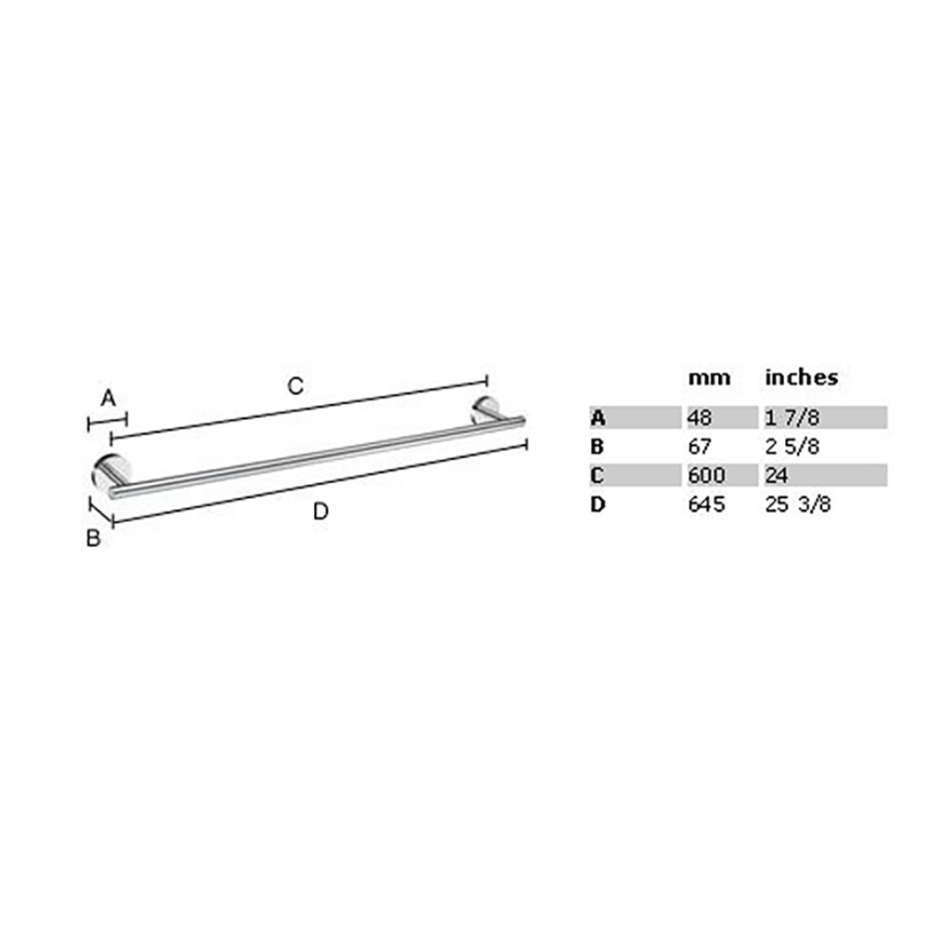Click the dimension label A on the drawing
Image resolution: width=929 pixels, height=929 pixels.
tap(108, 399)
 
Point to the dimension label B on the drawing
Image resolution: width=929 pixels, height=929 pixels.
tap(93, 538)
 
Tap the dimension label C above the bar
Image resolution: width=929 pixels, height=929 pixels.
tap(294, 386)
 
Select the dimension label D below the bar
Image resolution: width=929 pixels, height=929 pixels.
tap(321, 510)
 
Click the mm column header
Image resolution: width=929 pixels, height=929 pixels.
tap(709, 377)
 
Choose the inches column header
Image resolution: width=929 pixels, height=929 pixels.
tap(801, 377)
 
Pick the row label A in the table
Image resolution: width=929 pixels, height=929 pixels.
tap(597, 417)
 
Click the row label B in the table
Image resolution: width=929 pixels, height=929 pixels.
tap(597, 447)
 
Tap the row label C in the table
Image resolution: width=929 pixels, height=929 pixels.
tap(597, 477)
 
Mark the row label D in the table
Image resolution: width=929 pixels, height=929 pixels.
tap(597, 505)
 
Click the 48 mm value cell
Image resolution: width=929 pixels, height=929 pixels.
tap(700, 417)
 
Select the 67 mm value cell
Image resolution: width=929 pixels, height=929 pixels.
tap(700, 447)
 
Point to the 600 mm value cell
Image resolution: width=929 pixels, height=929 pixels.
tap(705, 477)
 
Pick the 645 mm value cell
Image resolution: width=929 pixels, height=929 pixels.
tap(705, 505)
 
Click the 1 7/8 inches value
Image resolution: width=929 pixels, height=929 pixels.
tap(792, 417)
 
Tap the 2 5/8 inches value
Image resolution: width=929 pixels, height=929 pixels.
tap(792, 447)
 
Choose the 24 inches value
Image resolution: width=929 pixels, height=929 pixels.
tap(777, 477)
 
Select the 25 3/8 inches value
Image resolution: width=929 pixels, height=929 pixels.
tap(797, 505)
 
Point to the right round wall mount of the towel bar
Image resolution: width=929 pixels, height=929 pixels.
tap(486, 410)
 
